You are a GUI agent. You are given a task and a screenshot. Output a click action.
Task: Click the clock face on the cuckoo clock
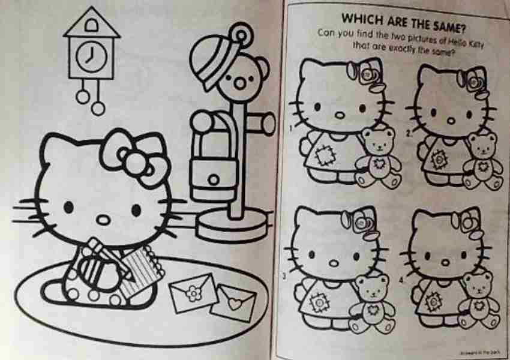tap(91, 55)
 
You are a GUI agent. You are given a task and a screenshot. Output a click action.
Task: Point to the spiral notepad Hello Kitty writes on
tap(144, 271)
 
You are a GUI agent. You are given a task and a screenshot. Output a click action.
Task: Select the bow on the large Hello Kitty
tap(134, 155)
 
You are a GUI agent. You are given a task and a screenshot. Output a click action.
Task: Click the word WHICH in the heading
tap(360, 16)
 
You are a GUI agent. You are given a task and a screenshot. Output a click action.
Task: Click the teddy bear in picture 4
tap(480, 300)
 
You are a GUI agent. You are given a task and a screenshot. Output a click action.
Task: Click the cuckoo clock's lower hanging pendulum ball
tap(98, 108)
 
